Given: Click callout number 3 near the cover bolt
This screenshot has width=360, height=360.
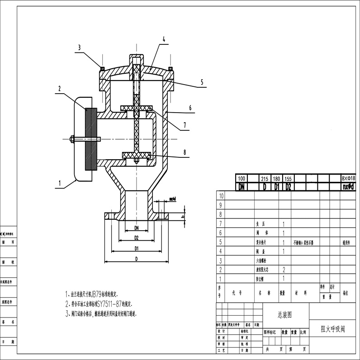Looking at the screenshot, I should point(79,47).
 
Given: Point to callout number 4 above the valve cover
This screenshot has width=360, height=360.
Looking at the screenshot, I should point(164,39).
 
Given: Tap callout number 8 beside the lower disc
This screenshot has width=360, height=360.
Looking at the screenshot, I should point(184,153).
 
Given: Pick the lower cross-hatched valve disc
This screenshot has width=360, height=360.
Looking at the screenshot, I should point(136,156).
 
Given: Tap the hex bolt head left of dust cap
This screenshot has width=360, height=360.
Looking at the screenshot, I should point(72,138).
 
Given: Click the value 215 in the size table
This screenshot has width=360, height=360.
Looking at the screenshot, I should point(265,179).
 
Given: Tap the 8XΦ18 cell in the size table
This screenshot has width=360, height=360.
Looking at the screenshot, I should point(348,179).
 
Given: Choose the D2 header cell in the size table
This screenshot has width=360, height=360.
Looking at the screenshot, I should point(288,186).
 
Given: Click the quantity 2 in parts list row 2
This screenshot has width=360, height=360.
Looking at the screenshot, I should point(284,270).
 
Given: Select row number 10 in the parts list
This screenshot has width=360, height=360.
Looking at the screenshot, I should point(221,196).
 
